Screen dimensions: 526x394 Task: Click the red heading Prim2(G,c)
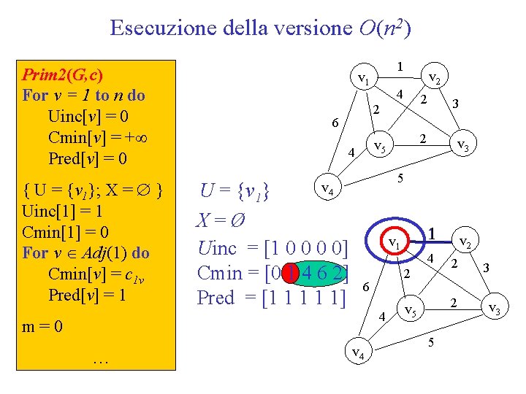(x=63, y=74)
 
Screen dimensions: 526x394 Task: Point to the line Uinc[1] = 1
(x=63, y=212)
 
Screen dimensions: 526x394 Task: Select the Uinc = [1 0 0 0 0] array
(x=272, y=247)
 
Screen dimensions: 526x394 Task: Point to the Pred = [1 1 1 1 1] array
(x=272, y=298)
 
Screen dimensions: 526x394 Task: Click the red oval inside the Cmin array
(x=292, y=273)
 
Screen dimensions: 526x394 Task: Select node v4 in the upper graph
(x=328, y=190)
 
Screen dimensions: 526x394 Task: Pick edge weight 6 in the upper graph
(x=335, y=123)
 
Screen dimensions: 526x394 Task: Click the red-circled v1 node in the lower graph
(x=394, y=242)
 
